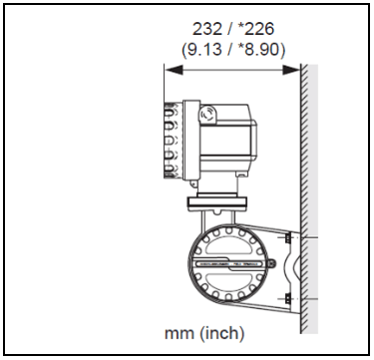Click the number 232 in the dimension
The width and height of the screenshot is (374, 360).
(207, 29)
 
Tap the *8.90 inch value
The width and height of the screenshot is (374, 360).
(262, 50)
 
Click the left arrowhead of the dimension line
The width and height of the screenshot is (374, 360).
(174, 70)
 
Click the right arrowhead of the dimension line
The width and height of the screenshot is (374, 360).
(291, 70)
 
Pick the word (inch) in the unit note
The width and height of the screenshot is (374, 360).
(222, 333)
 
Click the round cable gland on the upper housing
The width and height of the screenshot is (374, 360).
(207, 114)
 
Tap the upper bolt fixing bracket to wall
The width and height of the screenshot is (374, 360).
(288, 238)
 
